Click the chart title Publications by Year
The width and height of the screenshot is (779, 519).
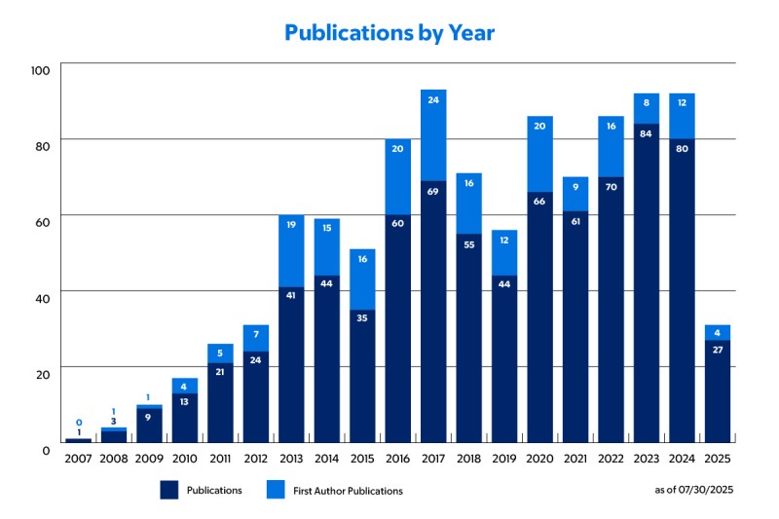389,32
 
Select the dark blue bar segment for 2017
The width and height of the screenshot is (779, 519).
433,312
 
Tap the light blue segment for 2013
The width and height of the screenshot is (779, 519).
291,251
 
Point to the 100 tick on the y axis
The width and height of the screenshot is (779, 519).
40,70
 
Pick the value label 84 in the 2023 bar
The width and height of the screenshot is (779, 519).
647,133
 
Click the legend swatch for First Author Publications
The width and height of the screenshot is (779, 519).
278,491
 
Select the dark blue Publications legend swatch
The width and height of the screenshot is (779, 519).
171,491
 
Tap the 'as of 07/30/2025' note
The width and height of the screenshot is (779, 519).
693,490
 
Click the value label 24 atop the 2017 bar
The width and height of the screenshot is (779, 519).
433,99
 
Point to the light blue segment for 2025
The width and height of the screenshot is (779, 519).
718,332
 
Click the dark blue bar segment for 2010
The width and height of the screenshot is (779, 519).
185,419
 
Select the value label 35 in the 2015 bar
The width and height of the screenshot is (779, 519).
362,316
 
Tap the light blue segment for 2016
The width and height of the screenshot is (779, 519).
398,177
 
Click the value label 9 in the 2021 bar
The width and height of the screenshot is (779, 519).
575,187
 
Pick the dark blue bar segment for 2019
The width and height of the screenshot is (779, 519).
504,359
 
